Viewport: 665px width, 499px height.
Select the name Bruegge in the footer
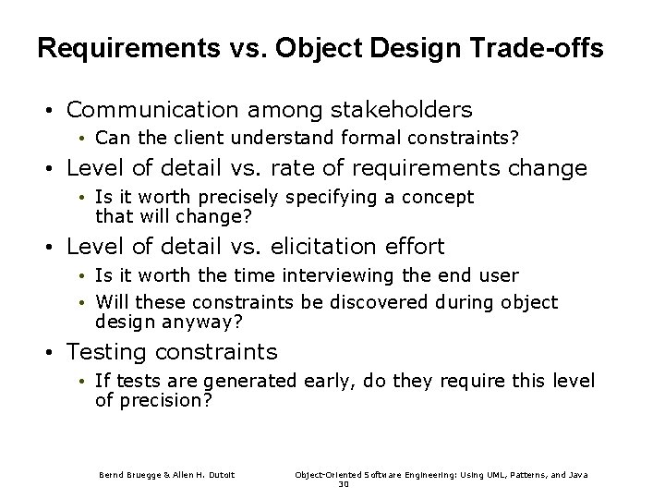point(139,474)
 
